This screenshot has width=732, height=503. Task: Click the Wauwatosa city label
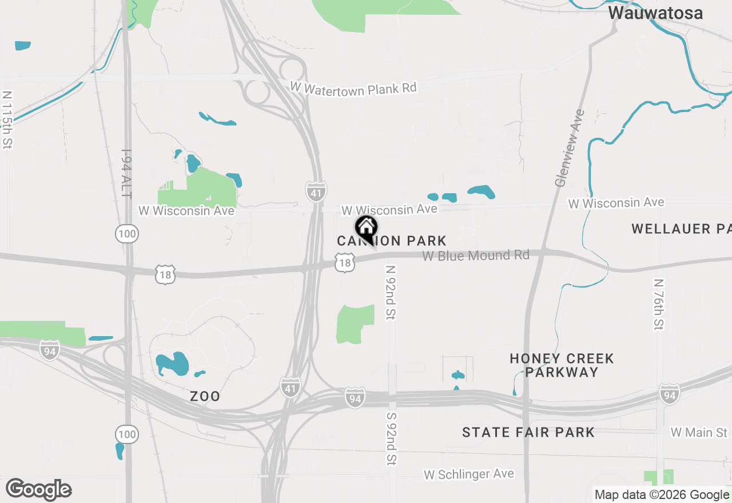655,13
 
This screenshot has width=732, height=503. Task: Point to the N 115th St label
7,120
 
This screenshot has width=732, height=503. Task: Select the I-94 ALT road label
126,174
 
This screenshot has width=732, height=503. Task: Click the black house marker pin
366,229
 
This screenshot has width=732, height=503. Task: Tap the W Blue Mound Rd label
476,256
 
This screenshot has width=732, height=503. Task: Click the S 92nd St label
392,438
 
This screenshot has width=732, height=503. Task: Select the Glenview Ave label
569,147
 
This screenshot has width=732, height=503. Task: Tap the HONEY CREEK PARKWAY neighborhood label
562,365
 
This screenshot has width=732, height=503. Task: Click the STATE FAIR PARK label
528,432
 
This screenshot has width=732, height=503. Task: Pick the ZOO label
205,396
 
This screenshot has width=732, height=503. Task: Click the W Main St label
699,433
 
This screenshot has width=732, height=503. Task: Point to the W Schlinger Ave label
468,474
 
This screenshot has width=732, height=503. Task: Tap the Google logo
38,489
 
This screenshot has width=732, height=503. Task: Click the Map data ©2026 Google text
662,495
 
